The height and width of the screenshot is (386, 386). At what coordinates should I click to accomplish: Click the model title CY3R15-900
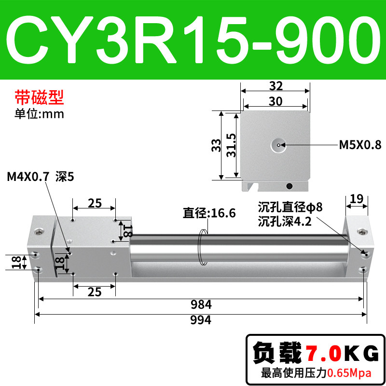(x=193, y=40)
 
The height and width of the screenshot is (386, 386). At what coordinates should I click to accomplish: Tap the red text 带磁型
(x=40, y=97)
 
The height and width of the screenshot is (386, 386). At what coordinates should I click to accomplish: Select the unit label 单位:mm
(x=39, y=114)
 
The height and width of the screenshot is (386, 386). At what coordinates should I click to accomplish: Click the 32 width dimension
(x=276, y=86)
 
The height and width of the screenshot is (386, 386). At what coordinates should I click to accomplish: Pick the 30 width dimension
(x=276, y=101)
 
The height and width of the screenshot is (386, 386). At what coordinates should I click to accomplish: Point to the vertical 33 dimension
(x=216, y=145)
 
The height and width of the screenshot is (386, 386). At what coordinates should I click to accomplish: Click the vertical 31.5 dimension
(x=232, y=145)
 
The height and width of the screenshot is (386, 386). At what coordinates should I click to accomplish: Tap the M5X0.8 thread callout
(x=360, y=145)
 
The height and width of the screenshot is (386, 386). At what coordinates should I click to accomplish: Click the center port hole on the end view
(x=278, y=145)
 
